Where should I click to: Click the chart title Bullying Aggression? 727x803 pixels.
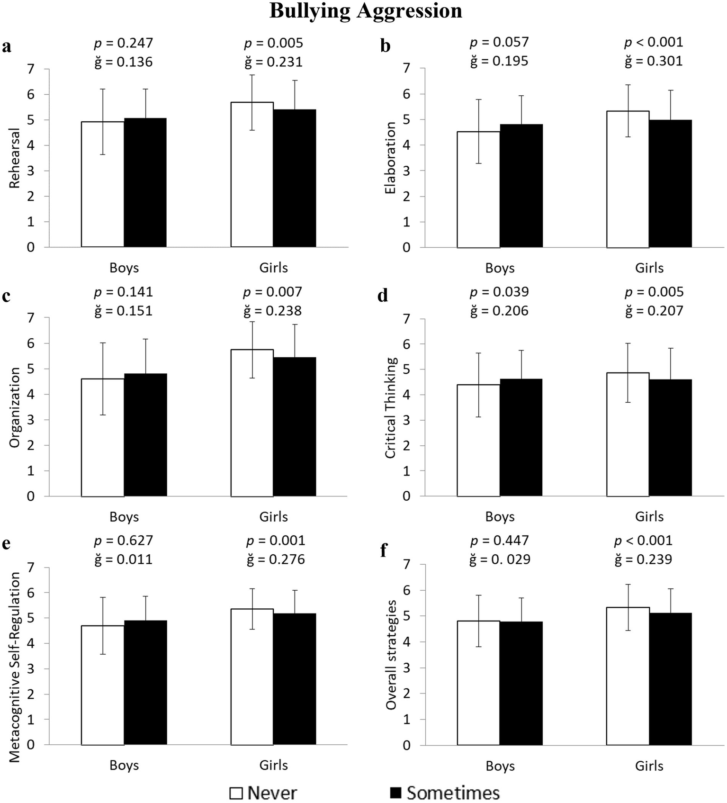click(x=366, y=11)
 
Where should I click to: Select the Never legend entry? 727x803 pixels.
click(x=263, y=793)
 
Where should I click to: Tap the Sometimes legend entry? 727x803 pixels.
click(x=444, y=793)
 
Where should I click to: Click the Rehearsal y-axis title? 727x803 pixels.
click(x=15, y=158)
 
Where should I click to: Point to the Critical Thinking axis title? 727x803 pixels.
click(x=390, y=408)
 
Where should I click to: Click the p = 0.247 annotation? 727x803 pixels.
click(x=124, y=43)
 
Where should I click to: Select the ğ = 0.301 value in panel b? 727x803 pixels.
click(x=654, y=61)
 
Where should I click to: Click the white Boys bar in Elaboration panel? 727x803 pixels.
click(x=478, y=189)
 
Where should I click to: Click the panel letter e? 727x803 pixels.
click(x=6, y=543)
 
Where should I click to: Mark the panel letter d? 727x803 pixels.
click(x=383, y=296)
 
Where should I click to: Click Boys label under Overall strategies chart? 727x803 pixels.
click(x=500, y=766)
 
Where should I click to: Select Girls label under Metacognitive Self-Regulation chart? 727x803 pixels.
click(x=273, y=765)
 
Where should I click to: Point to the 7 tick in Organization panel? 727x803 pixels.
click(x=31, y=318)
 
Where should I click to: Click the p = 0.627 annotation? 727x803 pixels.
click(x=124, y=541)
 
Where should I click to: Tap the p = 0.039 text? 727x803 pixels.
click(x=499, y=292)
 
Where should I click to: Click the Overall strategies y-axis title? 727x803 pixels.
click(x=391, y=655)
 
